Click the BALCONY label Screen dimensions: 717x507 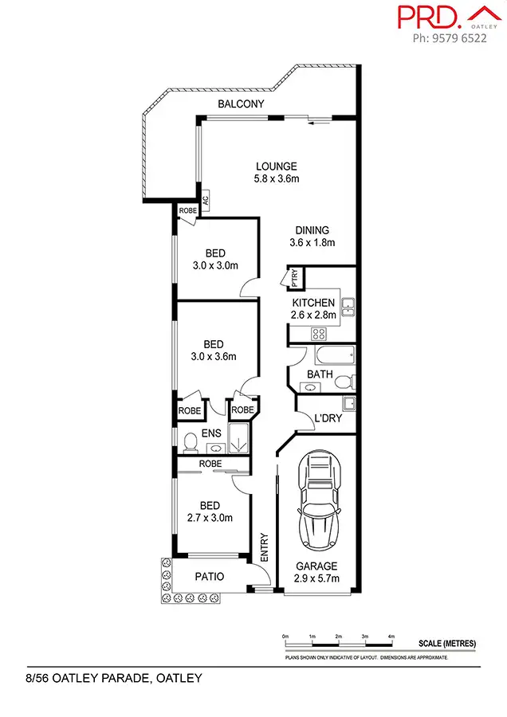[x=241, y=104]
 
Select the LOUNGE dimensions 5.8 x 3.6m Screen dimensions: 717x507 [x=276, y=179]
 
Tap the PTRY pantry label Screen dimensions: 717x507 [x=294, y=278]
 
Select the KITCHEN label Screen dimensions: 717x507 [x=313, y=303]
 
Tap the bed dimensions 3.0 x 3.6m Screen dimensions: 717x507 [x=214, y=357]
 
